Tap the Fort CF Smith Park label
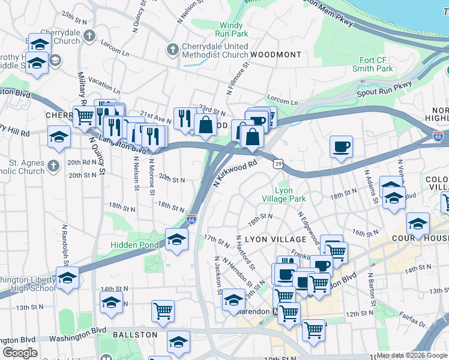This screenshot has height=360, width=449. [376, 65]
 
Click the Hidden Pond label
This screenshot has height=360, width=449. [134, 245]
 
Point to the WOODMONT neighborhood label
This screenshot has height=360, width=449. [276, 55]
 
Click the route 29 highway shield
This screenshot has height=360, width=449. [278, 163]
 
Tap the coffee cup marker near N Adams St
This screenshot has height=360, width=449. [341, 147]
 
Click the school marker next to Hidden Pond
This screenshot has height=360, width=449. [176, 239]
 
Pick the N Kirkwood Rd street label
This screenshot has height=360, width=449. [236, 171]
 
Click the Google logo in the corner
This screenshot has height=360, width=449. [20, 353]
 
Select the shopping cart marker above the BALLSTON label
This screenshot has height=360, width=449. [163, 311]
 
